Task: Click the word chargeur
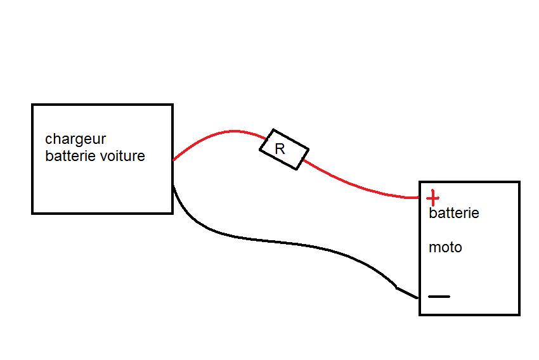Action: click(x=75, y=139)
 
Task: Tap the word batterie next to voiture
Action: click(x=70, y=156)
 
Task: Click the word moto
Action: click(x=445, y=247)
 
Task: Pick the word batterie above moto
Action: click(x=453, y=213)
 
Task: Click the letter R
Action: click(x=280, y=150)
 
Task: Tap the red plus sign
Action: click(x=432, y=197)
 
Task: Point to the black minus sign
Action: click(x=439, y=296)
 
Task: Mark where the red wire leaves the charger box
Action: click(x=173, y=160)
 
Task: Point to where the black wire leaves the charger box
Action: click(x=173, y=185)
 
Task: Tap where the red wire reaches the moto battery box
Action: click(x=419, y=198)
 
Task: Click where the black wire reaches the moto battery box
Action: click(x=419, y=297)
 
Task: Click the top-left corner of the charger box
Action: click(x=32, y=105)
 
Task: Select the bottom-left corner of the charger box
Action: click(x=32, y=213)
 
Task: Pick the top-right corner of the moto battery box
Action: click(x=519, y=183)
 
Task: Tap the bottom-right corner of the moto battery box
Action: click(x=519, y=314)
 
